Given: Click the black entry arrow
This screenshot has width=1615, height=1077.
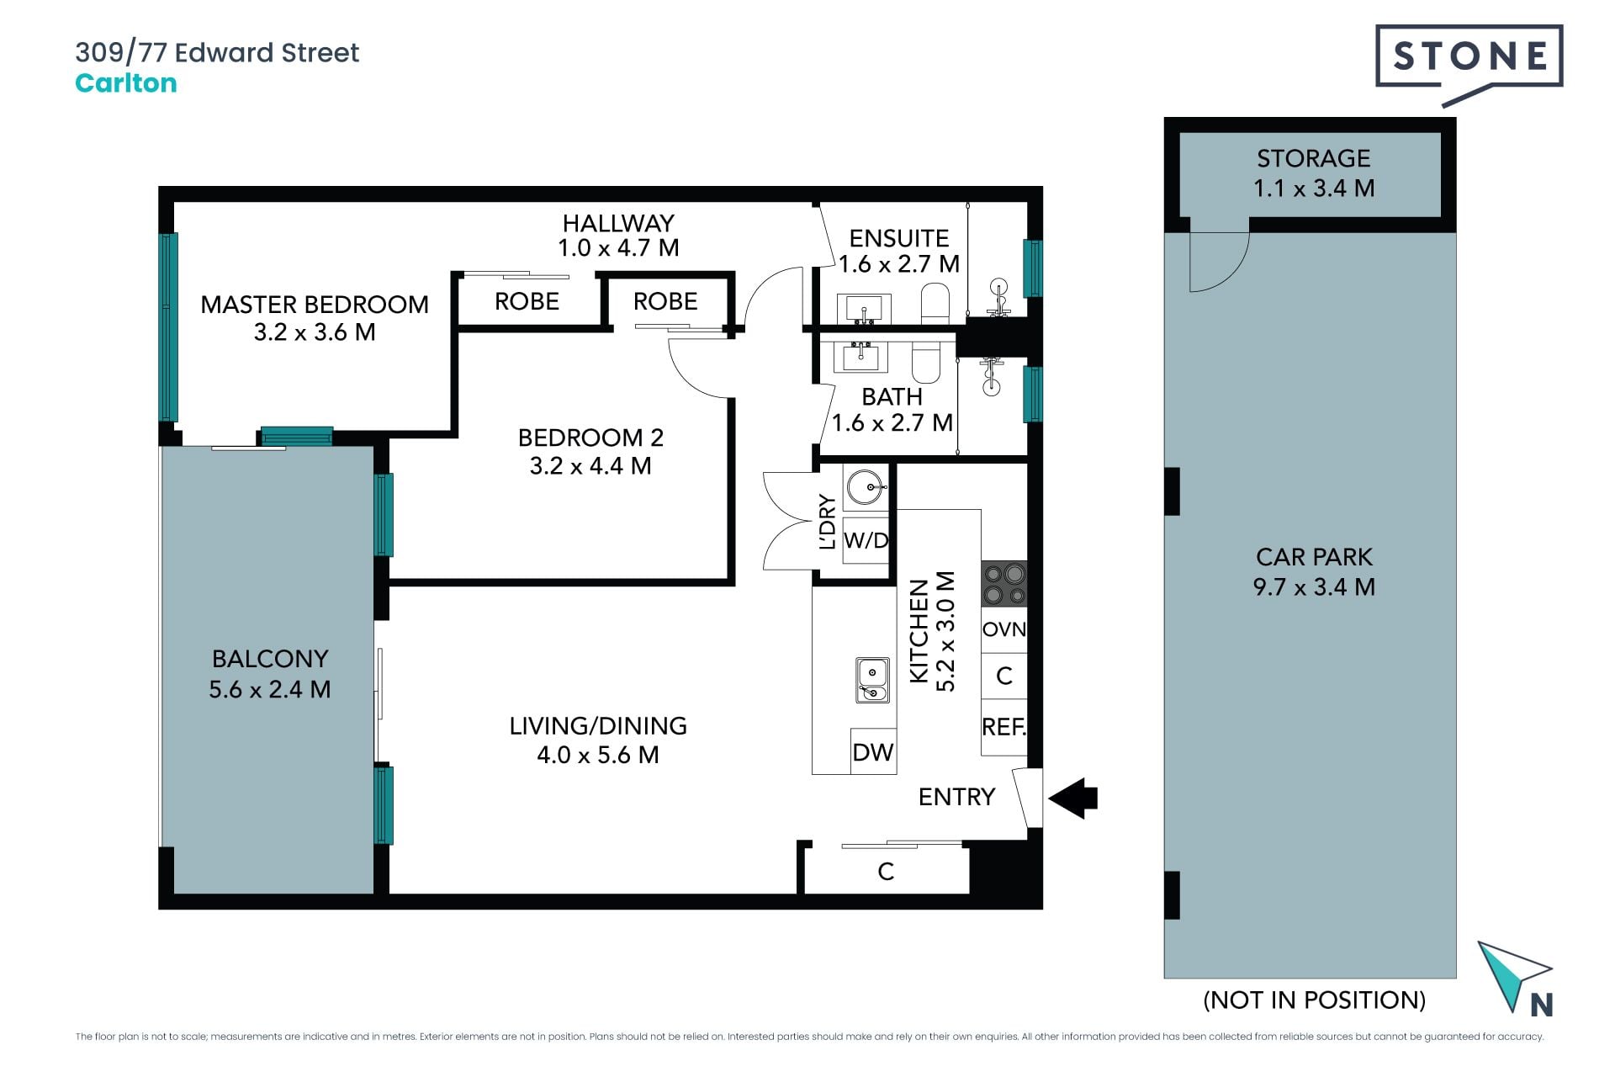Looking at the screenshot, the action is [1072, 798].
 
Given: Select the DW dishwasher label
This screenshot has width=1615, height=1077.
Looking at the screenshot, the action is [873, 752].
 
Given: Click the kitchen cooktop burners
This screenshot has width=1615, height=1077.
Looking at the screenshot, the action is [1004, 583].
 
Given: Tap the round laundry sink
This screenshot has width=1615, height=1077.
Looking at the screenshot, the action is [865, 487].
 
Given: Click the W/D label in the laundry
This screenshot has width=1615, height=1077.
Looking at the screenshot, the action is [866, 540].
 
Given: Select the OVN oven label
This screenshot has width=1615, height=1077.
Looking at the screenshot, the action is [1004, 629].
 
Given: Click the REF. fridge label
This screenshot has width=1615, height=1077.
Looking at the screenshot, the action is [1004, 726].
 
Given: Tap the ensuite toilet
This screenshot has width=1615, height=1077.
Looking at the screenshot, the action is [935, 303].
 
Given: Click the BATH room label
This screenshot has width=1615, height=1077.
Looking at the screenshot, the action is [892, 396].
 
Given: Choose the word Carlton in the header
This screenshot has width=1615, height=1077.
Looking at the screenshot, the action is [126, 83].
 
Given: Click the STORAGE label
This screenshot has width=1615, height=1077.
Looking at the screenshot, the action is [1314, 158].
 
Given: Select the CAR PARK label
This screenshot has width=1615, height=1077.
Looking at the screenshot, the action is [1314, 557].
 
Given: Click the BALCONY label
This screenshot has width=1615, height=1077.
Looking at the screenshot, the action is [270, 659].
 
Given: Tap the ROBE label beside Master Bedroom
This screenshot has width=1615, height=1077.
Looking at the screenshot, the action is [527, 301].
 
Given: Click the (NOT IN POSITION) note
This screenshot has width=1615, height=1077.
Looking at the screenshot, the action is [1315, 1000].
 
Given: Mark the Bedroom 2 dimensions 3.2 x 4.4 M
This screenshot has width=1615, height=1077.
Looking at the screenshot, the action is [590, 466].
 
